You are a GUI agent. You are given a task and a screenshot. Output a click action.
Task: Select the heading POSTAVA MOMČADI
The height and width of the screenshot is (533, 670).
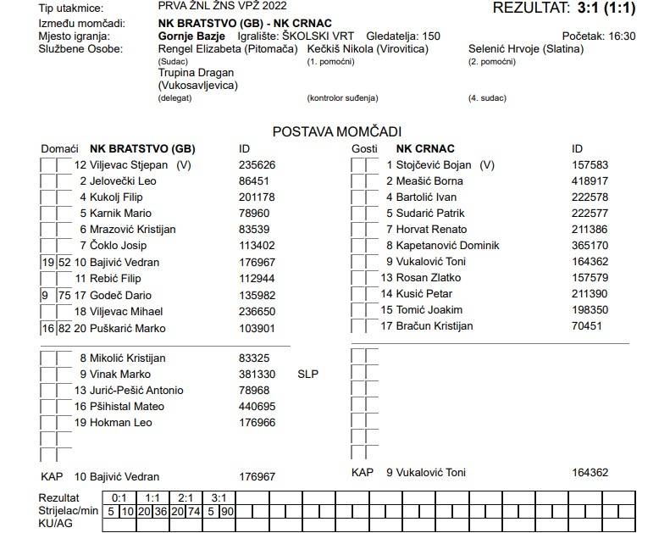(336, 131)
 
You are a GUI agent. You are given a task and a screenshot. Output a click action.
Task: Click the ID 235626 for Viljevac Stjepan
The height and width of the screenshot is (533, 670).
(257, 165)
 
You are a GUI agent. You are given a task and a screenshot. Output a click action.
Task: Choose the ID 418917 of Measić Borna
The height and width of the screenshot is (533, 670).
(590, 181)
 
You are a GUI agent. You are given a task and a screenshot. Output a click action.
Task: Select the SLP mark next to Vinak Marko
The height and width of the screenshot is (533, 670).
(307, 374)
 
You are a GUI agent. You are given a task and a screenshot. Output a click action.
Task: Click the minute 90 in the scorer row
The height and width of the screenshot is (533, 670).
(228, 512)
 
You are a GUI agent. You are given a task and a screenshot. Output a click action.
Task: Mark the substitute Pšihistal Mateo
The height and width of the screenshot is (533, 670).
(127, 407)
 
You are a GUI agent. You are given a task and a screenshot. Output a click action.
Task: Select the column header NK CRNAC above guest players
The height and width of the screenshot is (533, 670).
(424, 149)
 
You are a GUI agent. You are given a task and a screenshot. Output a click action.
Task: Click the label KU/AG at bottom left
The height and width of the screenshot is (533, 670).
(56, 525)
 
